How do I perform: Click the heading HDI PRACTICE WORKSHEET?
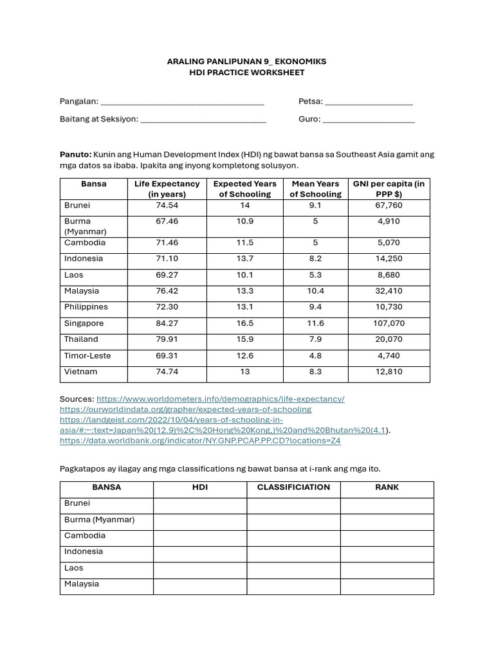coord(247,73)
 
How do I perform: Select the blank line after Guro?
coord(369,120)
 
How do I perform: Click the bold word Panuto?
coord(75,154)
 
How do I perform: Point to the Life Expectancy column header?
coord(167,189)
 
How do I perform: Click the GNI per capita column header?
coord(389,189)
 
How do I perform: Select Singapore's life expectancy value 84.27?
coord(167,323)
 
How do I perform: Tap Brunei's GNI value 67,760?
coord(389,206)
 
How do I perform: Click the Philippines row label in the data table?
coord(86,307)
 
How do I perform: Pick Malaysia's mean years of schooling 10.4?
coord(315,291)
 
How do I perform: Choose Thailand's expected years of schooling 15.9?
coord(245,339)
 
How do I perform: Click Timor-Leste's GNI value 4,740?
coord(389,355)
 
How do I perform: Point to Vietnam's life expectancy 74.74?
coord(167,371)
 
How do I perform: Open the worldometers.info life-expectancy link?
coord(221,399)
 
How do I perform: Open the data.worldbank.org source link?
coord(200,441)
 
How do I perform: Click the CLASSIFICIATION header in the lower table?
coord(293,487)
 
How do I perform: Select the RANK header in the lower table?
coord(387,487)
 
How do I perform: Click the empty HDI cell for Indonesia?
coord(199,552)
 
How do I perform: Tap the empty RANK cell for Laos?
coord(387,569)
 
